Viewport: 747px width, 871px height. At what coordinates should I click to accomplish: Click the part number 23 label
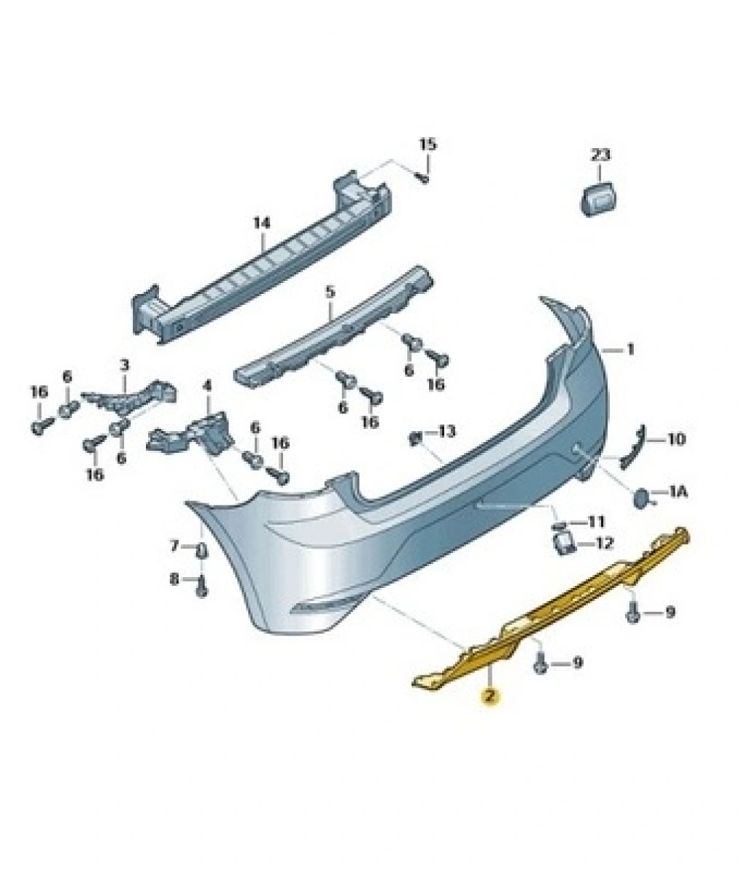coord(600,155)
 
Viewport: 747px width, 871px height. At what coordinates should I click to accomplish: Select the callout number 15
coord(427,145)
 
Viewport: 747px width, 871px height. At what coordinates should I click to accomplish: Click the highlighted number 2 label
coord(489,695)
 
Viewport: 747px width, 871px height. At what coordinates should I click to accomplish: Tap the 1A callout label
coord(678,491)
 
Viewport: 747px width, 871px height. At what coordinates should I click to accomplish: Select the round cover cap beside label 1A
coord(643,496)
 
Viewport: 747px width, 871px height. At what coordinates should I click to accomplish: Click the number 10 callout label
coord(676,439)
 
